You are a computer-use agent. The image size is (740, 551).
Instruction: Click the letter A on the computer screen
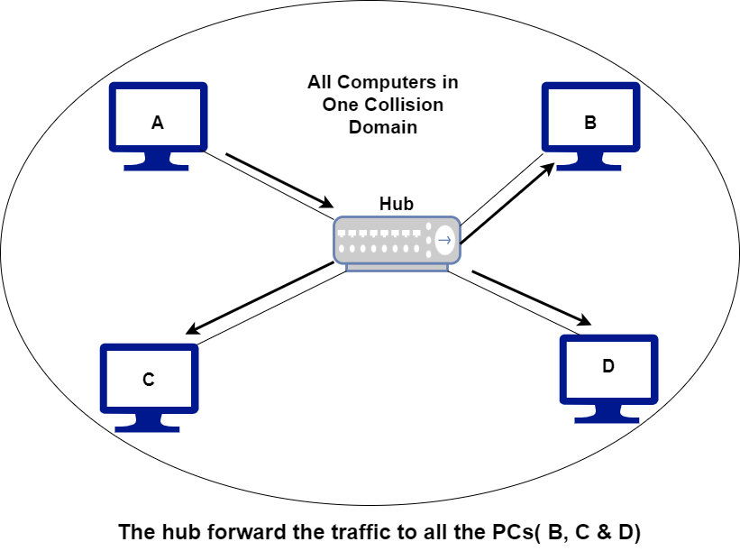tap(158, 124)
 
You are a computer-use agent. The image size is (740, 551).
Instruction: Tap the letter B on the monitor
tap(590, 124)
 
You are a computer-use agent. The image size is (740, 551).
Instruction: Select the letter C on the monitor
tap(149, 380)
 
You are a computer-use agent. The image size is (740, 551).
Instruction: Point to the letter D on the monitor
tap(608, 366)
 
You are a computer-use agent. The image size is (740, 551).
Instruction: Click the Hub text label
tap(397, 205)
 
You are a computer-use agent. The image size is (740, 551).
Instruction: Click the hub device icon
tap(397, 242)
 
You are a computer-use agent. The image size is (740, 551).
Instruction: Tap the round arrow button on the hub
tap(443, 240)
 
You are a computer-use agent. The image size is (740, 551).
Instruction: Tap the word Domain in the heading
tap(383, 127)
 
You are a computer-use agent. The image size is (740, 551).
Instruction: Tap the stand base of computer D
tap(608, 417)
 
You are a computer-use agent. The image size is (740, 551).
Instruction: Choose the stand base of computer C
tap(149, 426)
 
